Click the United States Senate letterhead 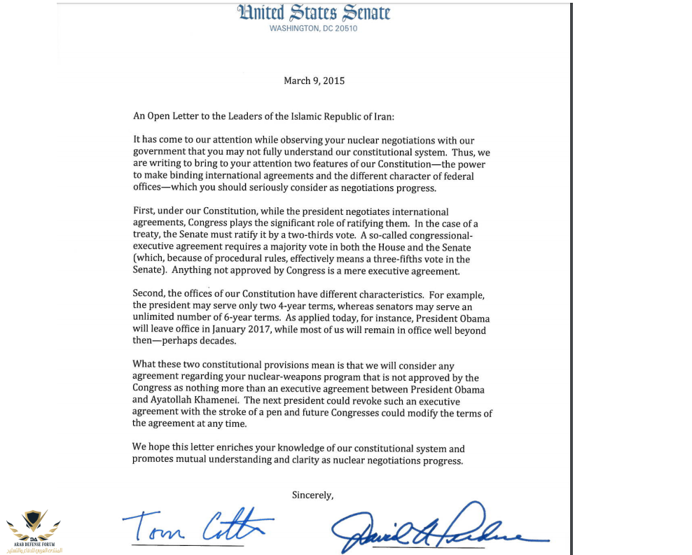tap(313, 13)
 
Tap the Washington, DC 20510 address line tap(313, 29)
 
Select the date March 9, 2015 tap(314, 80)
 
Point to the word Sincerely tap(312, 495)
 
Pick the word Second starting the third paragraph tap(148, 294)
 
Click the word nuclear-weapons tap(288, 377)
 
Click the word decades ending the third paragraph tap(218, 342)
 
